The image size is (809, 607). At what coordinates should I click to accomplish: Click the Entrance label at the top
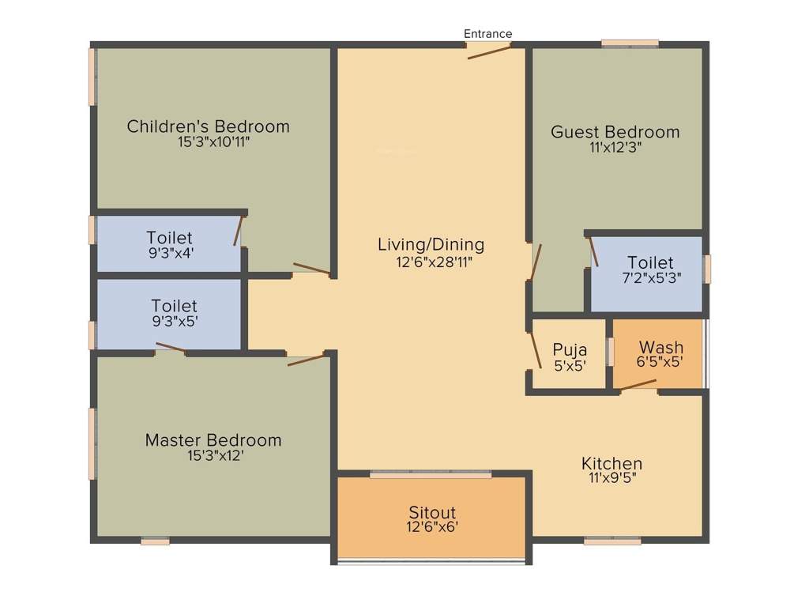(487, 33)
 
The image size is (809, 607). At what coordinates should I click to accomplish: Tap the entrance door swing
(489, 52)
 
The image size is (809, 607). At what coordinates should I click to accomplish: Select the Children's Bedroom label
(208, 126)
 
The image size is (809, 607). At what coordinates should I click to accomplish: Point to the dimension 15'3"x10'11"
(208, 143)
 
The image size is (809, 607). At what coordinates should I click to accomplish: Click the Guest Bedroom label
(615, 132)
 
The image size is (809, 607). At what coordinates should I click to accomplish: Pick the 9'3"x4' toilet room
(168, 244)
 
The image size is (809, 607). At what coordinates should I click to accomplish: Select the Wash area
(660, 353)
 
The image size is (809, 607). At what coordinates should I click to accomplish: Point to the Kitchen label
(611, 463)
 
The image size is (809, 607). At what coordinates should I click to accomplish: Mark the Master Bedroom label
(213, 440)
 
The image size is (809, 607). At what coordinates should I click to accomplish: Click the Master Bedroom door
(307, 360)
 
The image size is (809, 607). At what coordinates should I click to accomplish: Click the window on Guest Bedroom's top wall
(630, 43)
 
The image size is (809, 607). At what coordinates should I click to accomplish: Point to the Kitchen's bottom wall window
(612, 541)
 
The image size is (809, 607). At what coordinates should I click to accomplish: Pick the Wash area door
(638, 386)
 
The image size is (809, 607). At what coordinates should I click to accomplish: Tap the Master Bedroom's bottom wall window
(156, 542)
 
